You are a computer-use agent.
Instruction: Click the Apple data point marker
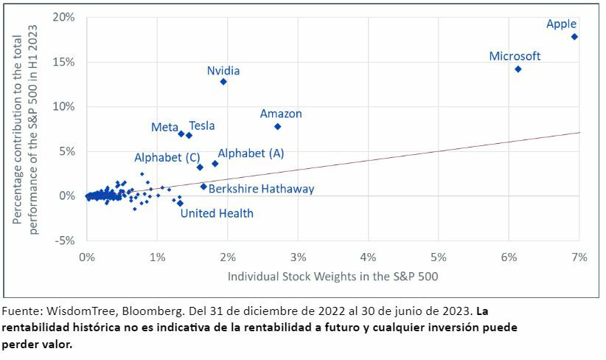(x=574, y=36)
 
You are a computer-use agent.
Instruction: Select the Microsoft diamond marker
(x=518, y=69)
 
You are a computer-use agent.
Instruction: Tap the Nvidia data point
(x=223, y=82)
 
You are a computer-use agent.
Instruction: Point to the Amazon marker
(x=277, y=126)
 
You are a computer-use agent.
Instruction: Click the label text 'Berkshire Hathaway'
(x=261, y=189)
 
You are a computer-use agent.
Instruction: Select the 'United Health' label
(x=217, y=213)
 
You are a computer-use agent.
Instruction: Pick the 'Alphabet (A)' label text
(x=251, y=153)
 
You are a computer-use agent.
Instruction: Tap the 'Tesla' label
(x=202, y=126)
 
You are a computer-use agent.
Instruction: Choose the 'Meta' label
(x=164, y=127)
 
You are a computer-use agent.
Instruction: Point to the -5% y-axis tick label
(x=66, y=240)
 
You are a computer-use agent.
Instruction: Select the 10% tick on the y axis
(x=66, y=106)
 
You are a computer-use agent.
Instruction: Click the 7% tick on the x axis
(x=579, y=257)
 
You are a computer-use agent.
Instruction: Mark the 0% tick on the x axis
(x=87, y=257)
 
